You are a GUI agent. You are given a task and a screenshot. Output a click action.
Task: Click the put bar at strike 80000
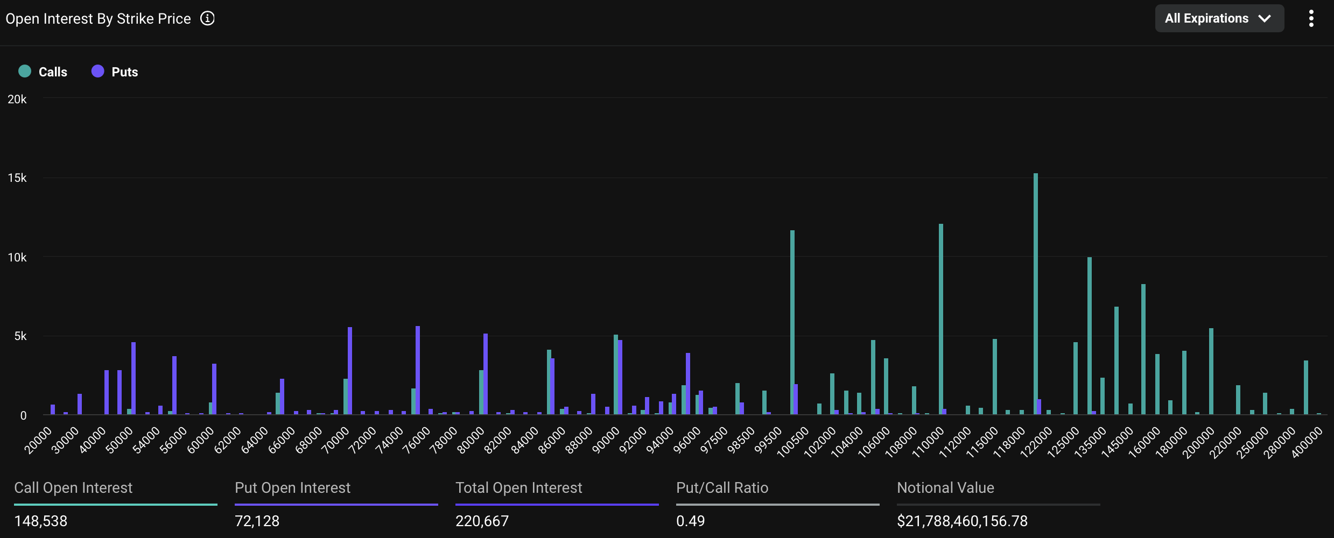pos(486,373)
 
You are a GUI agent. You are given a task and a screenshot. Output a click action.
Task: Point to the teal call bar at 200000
pos(1211,371)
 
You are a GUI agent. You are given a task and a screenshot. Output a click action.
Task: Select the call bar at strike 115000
pos(994,376)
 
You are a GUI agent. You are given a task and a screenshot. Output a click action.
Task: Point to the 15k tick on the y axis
pos(17,178)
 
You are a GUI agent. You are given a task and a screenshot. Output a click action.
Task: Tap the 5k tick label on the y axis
pos(20,336)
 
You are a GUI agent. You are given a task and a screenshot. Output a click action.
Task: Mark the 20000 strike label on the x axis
pos(39,441)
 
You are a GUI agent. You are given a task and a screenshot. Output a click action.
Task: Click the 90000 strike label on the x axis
pos(606,441)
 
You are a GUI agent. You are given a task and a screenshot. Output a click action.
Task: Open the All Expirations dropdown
pos(1219,18)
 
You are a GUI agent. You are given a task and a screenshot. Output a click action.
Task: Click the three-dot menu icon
pos(1311,18)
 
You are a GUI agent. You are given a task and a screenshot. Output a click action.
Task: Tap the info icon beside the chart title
pos(207,18)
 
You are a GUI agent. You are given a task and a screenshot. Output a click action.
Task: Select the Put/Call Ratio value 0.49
pos(690,521)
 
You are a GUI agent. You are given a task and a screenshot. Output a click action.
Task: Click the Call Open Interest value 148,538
pos(41,521)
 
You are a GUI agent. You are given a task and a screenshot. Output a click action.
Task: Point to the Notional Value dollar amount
pos(962,521)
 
